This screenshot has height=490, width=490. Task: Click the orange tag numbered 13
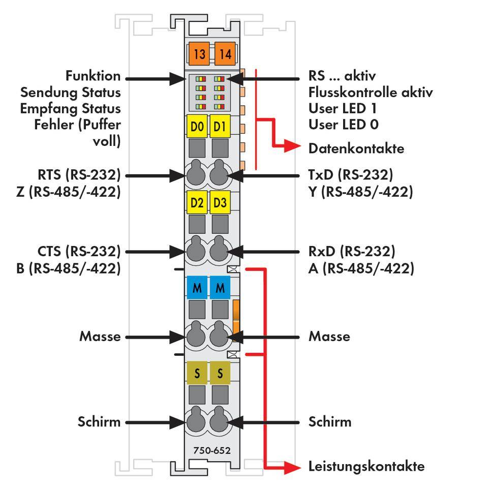coord(199,53)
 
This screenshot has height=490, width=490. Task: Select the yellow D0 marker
coord(197,127)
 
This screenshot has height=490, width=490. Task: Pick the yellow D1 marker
coord(220,127)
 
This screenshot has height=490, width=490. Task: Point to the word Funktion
coord(93,76)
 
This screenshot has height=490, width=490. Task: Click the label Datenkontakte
coord(356,148)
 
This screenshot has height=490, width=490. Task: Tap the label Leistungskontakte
coord(366,466)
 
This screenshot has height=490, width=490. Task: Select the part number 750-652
coord(211,450)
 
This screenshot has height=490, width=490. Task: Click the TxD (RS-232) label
coord(351,175)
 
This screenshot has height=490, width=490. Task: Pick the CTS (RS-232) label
coord(79,251)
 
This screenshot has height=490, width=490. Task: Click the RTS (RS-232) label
coord(79,175)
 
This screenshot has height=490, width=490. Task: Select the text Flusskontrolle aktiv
coord(371,93)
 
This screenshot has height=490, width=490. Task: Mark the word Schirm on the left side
coord(99,421)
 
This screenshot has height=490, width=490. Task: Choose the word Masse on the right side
coord(329,336)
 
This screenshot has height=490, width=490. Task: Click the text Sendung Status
coord(70,93)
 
